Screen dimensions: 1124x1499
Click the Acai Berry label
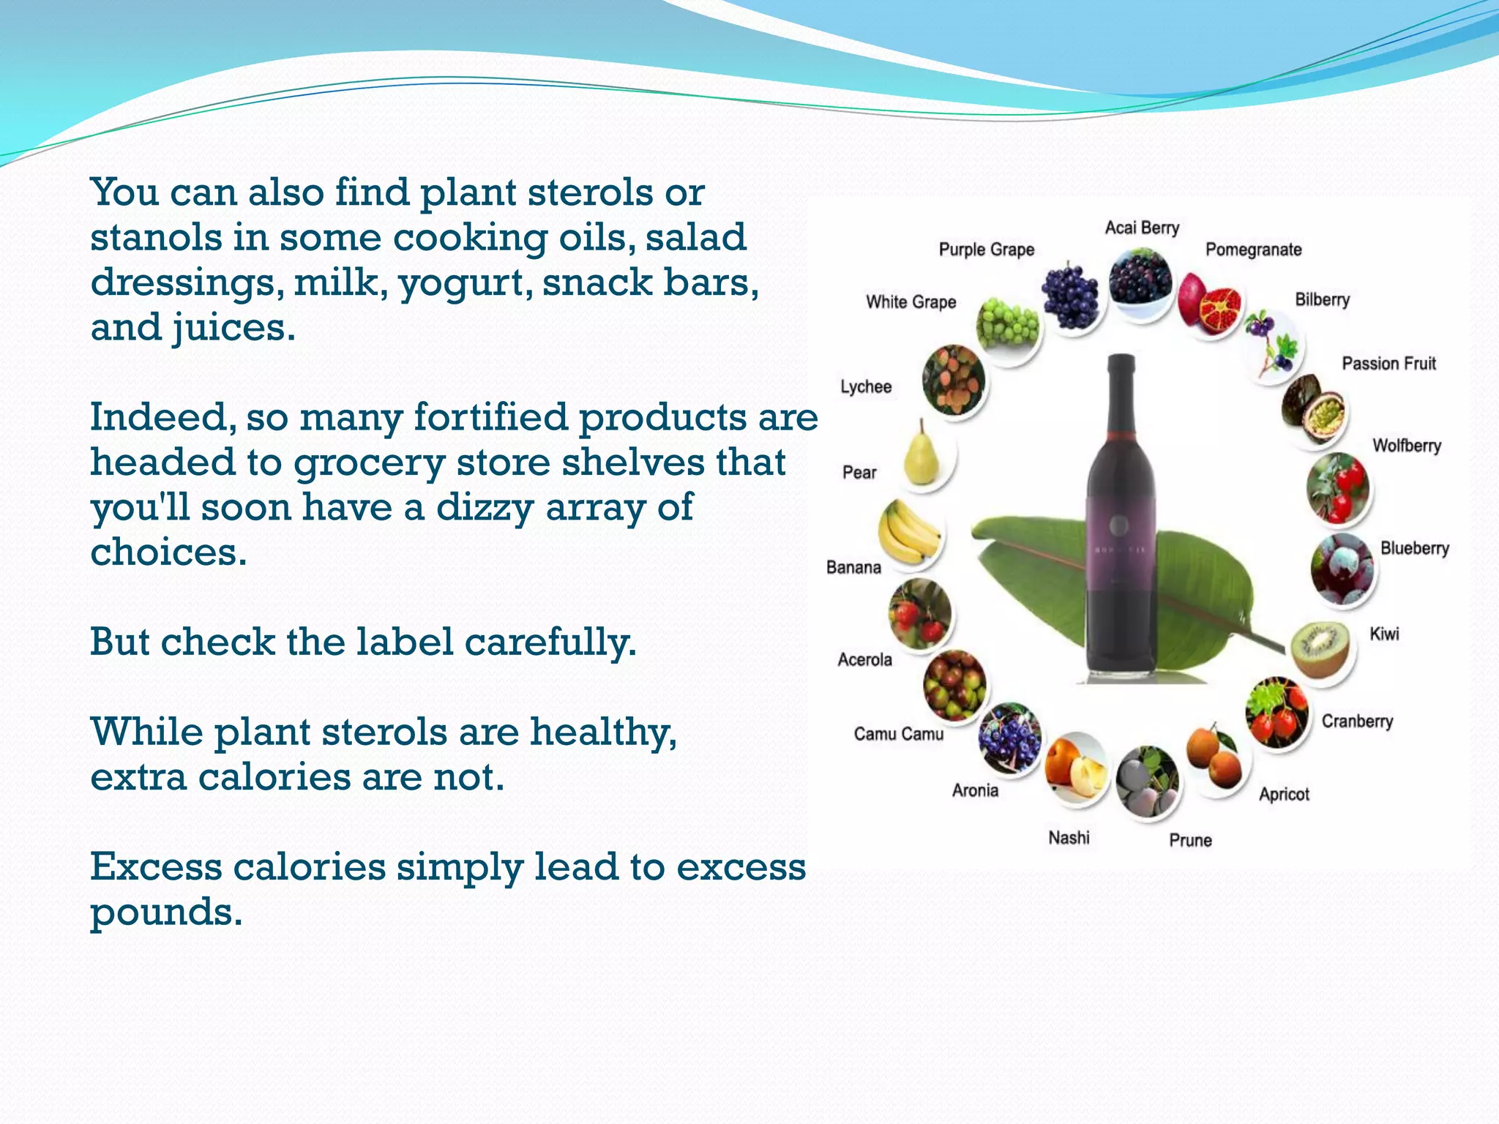(1142, 228)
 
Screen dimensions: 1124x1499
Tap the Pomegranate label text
(1253, 250)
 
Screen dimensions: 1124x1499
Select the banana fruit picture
(910, 533)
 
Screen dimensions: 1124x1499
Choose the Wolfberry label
(1406, 446)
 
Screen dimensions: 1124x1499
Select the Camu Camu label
(898, 734)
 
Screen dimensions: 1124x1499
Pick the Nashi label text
(1069, 838)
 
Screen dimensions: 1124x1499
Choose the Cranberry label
(1357, 722)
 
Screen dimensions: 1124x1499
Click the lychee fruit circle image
(953, 381)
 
